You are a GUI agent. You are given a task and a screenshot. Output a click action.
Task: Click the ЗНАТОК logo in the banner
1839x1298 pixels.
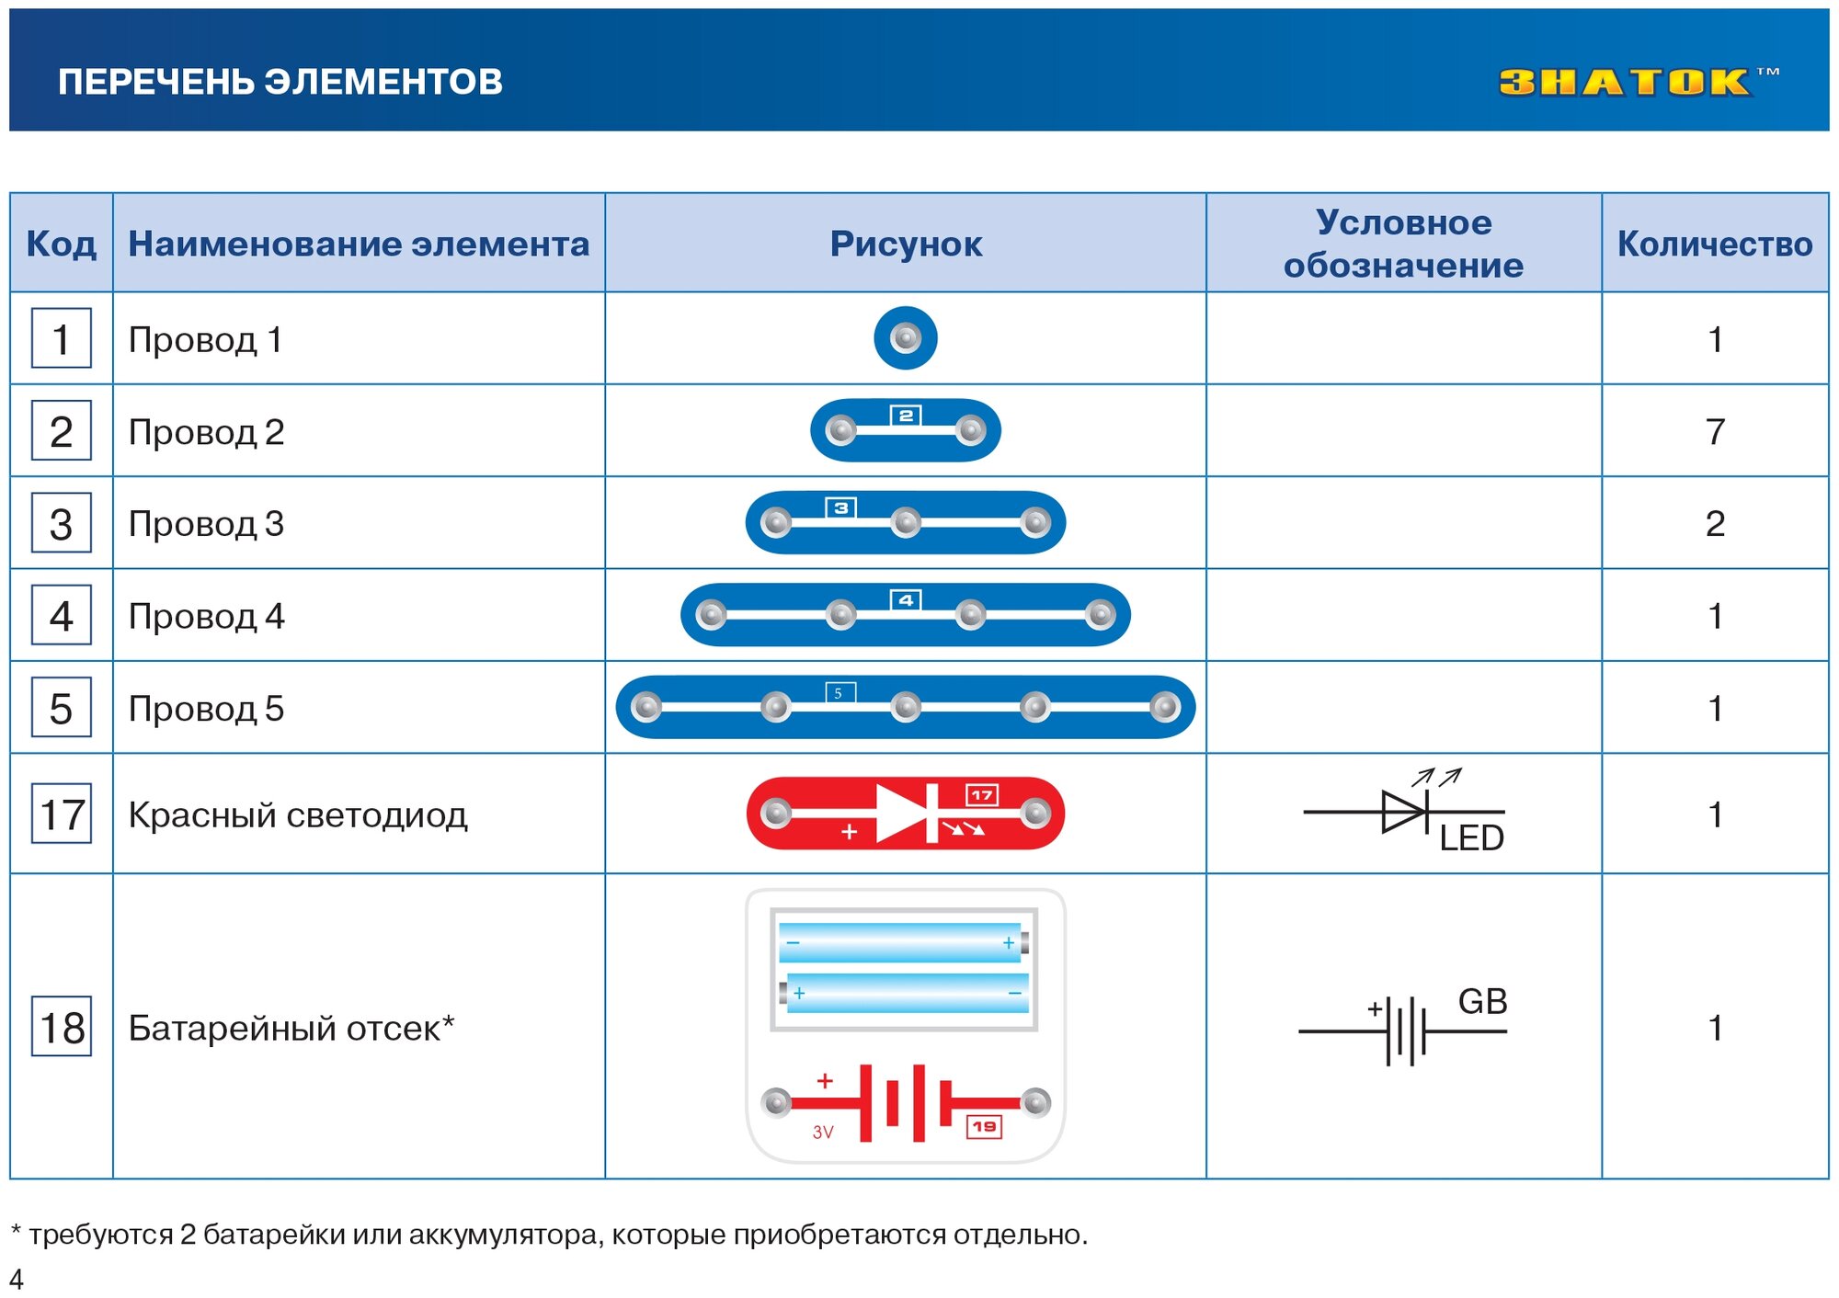[1626, 82]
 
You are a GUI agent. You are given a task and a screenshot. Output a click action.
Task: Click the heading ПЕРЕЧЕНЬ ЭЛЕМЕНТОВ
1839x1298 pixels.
[280, 82]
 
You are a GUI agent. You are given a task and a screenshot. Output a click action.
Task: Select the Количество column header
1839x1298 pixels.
[1715, 244]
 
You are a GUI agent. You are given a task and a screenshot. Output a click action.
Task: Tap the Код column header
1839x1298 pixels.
[62, 244]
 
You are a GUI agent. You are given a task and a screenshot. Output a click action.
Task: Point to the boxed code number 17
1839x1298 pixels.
[62, 814]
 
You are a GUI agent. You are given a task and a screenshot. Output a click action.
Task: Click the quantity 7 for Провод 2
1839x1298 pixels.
[1715, 431]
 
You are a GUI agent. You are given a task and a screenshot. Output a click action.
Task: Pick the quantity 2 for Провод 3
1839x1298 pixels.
[1715, 523]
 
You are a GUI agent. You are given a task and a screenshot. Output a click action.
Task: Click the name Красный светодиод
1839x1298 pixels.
[298, 814]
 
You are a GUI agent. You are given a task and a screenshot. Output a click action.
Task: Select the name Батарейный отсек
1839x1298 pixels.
[291, 1028]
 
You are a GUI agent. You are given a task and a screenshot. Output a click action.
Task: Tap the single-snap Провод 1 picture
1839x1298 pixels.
[906, 338]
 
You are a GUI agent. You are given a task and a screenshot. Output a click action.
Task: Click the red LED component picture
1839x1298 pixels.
[906, 814]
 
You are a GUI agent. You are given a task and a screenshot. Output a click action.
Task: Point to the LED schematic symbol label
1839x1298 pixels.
[1471, 838]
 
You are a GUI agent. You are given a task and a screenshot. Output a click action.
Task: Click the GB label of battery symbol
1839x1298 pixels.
[1482, 1002]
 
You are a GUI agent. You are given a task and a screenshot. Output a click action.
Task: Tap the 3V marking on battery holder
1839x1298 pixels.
[823, 1133]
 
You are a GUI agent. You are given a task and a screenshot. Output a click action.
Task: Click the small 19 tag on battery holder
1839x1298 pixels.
[984, 1127]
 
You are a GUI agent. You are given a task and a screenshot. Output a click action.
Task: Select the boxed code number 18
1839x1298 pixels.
[62, 1027]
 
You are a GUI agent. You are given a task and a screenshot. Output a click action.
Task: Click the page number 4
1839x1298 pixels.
[17, 1279]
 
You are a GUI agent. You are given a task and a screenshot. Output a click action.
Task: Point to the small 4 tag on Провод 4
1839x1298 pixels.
[906, 600]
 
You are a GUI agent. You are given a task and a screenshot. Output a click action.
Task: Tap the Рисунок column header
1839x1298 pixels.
[906, 244]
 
